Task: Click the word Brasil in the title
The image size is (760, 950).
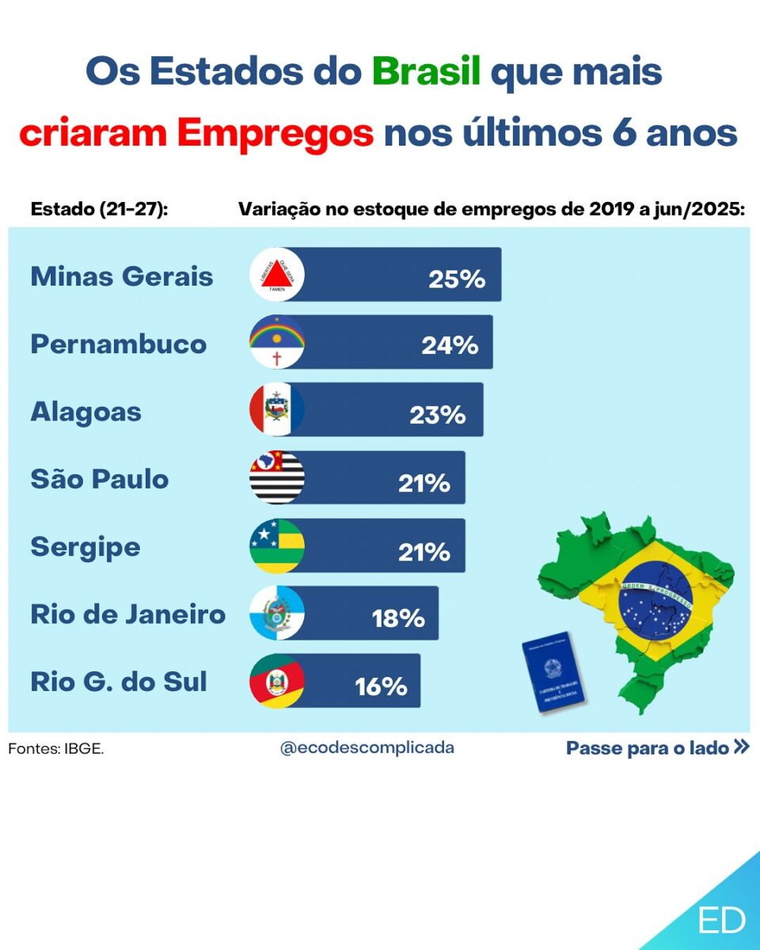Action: pyautogui.click(x=427, y=72)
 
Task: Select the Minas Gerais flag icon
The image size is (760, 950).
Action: pyautogui.click(x=277, y=275)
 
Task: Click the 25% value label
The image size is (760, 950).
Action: pyautogui.click(x=457, y=279)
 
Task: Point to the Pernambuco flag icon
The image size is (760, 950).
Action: pyautogui.click(x=277, y=342)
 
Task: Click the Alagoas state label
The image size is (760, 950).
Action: pyautogui.click(x=86, y=412)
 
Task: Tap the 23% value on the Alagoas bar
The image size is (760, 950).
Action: pyautogui.click(x=438, y=414)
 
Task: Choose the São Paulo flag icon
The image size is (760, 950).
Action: pyautogui.click(x=277, y=477)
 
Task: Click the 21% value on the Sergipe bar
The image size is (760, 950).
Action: pyautogui.click(x=424, y=551)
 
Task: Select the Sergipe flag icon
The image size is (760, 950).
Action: pyautogui.click(x=277, y=545)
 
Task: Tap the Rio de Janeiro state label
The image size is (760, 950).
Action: pyautogui.click(x=128, y=614)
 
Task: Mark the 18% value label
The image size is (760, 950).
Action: pyautogui.click(x=398, y=618)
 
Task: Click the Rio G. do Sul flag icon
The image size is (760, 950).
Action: pyautogui.click(x=277, y=681)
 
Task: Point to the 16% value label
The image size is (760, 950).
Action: pyautogui.click(x=381, y=686)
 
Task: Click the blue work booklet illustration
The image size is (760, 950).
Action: pyautogui.click(x=555, y=673)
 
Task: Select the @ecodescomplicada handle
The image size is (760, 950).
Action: pyautogui.click(x=367, y=747)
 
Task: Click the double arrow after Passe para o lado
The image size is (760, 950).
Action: pyautogui.click(x=741, y=747)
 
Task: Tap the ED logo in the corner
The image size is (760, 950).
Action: pyautogui.click(x=721, y=920)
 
